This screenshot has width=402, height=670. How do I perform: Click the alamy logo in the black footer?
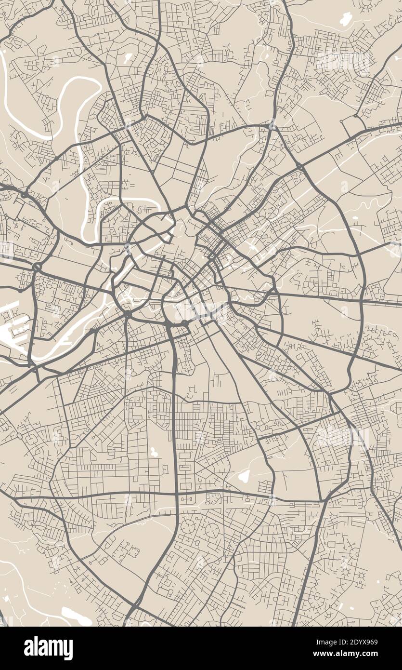48,648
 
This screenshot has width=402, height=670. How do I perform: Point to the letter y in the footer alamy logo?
69,650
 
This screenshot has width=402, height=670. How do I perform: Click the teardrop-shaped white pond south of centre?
244,476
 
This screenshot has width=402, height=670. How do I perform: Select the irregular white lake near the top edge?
346,20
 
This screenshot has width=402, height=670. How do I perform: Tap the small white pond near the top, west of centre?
128,59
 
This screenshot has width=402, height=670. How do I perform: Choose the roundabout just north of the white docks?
36,267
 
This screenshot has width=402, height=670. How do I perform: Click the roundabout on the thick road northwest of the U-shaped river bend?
23,195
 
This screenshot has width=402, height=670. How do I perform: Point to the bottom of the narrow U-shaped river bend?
88,237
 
